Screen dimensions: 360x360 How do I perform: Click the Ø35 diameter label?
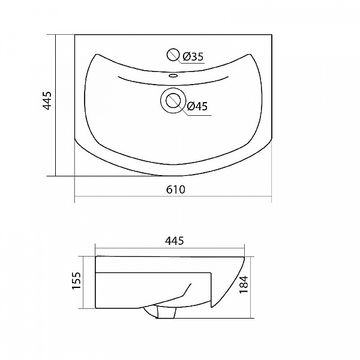click(x=193, y=56)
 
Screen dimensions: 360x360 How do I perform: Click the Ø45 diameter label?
click(x=197, y=106)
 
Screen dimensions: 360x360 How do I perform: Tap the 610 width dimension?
click(x=175, y=190)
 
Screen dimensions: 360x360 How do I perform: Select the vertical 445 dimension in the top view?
click(x=48, y=100)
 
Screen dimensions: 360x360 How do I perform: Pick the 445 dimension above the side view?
click(x=175, y=241)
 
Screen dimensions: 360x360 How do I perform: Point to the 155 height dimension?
click(x=77, y=281)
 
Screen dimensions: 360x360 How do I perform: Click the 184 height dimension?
click(x=244, y=284)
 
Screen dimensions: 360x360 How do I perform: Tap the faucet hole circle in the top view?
click(x=173, y=55)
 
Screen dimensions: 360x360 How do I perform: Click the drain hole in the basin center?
click(x=173, y=101)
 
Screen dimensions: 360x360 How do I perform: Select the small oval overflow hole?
click(x=173, y=75)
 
